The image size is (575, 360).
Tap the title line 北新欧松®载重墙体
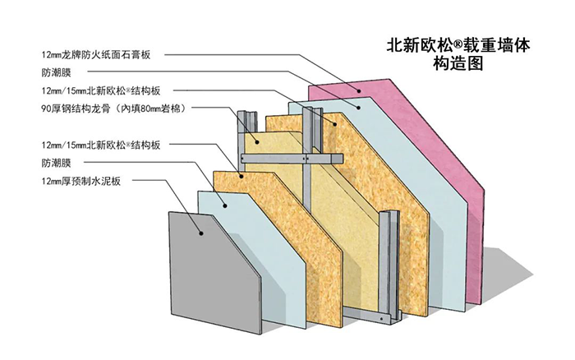click(x=459, y=44)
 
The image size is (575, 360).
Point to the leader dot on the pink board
click(x=358, y=89)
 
